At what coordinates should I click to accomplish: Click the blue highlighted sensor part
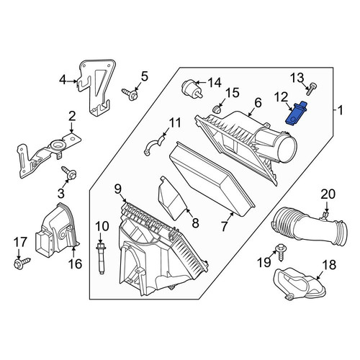point(296,113)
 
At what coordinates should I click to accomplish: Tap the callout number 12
point(281,97)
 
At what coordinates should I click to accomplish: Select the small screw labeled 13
point(312,89)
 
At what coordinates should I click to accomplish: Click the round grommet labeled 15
point(217,109)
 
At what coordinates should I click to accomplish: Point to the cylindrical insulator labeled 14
point(192,89)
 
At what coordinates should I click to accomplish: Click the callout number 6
point(258,103)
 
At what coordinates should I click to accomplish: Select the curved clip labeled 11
point(153,145)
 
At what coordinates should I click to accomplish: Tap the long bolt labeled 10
point(102,258)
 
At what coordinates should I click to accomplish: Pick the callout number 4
point(63,80)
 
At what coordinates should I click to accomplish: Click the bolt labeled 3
point(70,174)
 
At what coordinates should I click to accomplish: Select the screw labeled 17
point(22,263)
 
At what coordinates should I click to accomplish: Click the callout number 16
point(75,264)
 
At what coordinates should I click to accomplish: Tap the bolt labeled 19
point(281,253)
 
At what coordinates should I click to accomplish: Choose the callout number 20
point(328,194)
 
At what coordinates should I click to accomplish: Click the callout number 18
point(329,265)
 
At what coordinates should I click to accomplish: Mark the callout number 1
point(341,111)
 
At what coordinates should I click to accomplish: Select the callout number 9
point(118,189)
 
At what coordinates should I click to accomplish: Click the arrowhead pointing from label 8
point(187,211)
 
